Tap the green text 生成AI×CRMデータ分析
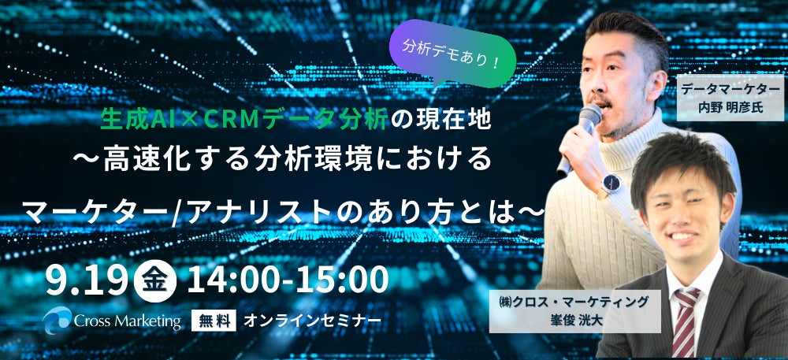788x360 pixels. click(x=243, y=121)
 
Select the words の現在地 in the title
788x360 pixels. click(x=441, y=121)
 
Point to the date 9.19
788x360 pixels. click(x=87, y=280)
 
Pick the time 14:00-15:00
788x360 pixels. click(x=287, y=280)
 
